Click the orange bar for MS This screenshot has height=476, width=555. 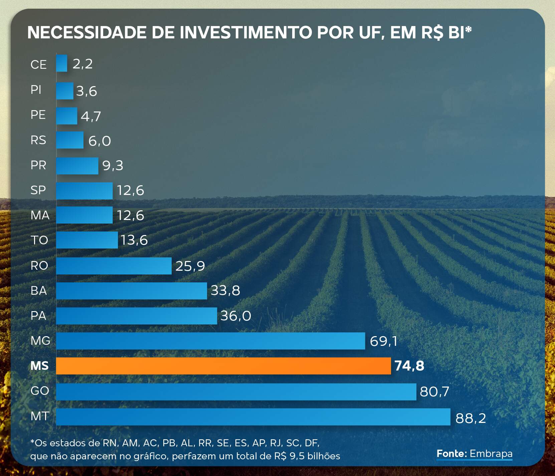[223, 366]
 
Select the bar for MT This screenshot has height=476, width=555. [253, 417]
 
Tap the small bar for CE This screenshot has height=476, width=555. [61, 63]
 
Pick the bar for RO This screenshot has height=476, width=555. [114, 266]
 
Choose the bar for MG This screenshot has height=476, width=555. [210, 341]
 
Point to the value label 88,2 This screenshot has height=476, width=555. [471, 418]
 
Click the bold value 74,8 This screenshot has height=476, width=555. [409, 366]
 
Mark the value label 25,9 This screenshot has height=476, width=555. [190, 266]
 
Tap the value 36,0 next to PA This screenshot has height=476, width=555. [235, 316]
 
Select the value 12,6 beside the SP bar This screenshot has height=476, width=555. [130, 190]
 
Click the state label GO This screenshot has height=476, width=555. [40, 391]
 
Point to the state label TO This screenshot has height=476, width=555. [39, 240]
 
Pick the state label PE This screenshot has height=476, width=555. [38, 115]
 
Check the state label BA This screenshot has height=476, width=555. [39, 290]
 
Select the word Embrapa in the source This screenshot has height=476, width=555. [491, 454]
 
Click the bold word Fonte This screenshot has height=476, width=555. [451, 454]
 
